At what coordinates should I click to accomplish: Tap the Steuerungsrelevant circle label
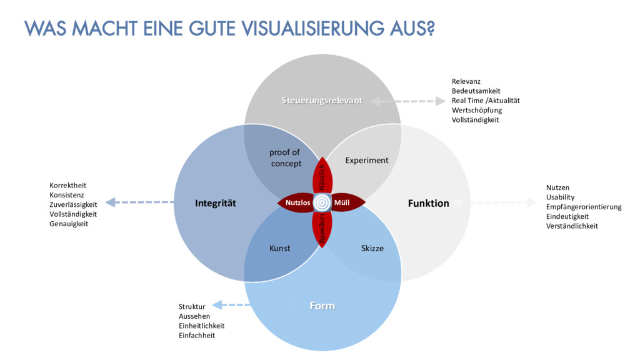pyautogui.click(x=321, y=101)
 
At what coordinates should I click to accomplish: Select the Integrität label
pyautogui.click(x=216, y=203)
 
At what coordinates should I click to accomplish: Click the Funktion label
pyautogui.click(x=428, y=203)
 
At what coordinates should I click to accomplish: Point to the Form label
pyautogui.click(x=322, y=306)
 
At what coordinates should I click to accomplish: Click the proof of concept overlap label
pyautogui.click(x=285, y=157)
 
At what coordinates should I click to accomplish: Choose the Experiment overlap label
pyautogui.click(x=367, y=161)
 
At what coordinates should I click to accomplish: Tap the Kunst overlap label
pyautogui.click(x=279, y=248)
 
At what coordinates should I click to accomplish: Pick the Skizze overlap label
pyautogui.click(x=372, y=248)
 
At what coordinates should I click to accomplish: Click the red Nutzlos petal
pyautogui.click(x=297, y=202)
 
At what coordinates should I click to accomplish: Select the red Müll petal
pyautogui.click(x=344, y=202)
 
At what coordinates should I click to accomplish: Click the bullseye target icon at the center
pyautogui.click(x=322, y=202)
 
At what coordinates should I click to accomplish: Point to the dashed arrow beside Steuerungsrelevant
pyautogui.click(x=407, y=101)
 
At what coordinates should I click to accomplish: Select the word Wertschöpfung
pyautogui.click(x=477, y=110)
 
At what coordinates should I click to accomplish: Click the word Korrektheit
pyautogui.click(x=68, y=185)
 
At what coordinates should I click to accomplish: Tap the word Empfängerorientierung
pyautogui.click(x=584, y=207)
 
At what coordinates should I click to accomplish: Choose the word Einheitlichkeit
pyautogui.click(x=201, y=326)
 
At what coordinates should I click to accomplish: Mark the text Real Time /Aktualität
pyautogui.click(x=486, y=101)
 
